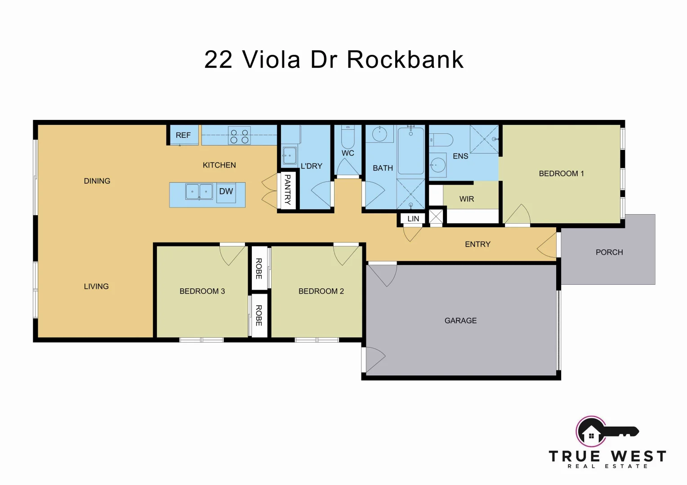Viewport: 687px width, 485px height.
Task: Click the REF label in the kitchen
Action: [183, 135]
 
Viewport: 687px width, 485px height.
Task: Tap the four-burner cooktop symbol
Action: [239, 136]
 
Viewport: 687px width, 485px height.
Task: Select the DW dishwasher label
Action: [226, 192]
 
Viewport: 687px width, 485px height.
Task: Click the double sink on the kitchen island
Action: [199, 192]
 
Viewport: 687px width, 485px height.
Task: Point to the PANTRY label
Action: [288, 190]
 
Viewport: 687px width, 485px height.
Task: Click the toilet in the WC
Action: [348, 137]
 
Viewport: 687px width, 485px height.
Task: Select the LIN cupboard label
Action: [413, 219]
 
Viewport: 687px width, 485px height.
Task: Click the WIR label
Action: [467, 199]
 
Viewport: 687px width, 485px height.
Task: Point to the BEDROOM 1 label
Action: [561, 174]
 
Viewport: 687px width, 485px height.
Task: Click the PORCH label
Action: [609, 252]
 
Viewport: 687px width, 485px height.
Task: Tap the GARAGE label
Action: [460, 321]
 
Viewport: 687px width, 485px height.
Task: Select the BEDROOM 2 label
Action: [321, 291]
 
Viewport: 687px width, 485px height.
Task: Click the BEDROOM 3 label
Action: [202, 291]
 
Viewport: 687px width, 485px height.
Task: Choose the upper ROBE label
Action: [259, 269]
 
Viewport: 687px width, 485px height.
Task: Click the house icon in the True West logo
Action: [591, 434]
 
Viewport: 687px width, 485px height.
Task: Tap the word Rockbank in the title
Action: [405, 60]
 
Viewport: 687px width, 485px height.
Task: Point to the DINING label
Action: [97, 181]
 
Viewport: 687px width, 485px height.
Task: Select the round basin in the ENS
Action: [437, 165]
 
